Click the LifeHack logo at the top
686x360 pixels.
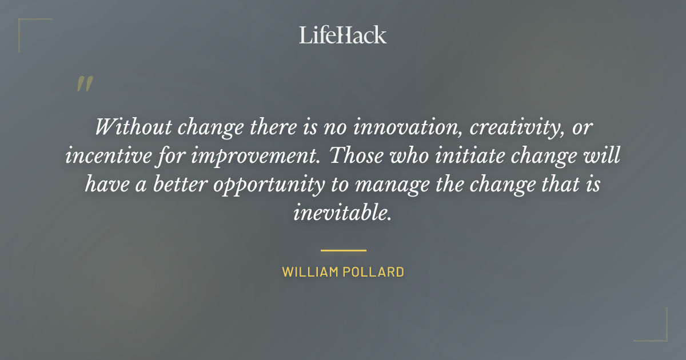(343, 35)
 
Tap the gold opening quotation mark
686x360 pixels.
(84, 85)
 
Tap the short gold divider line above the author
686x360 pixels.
(343, 250)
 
